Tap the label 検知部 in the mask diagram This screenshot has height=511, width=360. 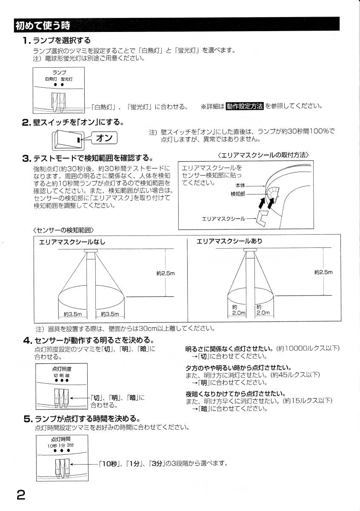(x=238, y=194)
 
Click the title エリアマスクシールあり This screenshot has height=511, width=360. (x=229, y=241)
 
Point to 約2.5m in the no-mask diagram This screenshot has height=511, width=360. (x=166, y=273)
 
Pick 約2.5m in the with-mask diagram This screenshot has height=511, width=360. (x=323, y=272)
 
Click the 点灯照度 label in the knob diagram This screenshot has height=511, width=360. (x=61, y=369)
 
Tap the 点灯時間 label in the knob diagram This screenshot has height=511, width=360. (x=60, y=439)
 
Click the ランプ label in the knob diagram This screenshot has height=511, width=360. (x=59, y=72)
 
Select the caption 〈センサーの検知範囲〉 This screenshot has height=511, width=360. (x=63, y=230)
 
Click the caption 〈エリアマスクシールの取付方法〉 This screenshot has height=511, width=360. (x=263, y=155)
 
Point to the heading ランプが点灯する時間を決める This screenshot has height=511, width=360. (x=87, y=419)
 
